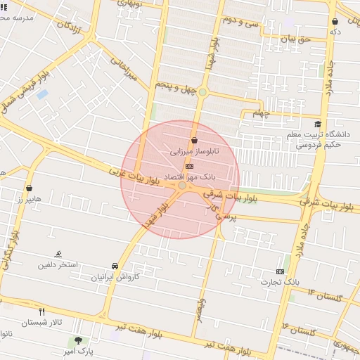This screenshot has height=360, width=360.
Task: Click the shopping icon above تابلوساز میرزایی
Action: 194,140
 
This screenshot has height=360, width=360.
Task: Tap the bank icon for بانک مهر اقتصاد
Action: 189,165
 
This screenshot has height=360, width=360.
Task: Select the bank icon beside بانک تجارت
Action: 281,271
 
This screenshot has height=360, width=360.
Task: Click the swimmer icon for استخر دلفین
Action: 58,254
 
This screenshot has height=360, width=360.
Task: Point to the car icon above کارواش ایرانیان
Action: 115,266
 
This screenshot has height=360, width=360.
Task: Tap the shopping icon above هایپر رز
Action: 30,188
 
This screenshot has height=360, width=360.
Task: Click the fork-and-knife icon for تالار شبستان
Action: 42,311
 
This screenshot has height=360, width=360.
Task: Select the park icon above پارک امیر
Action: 78,340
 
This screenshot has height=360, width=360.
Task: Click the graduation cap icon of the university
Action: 319,124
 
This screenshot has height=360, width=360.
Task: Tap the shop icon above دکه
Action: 335,21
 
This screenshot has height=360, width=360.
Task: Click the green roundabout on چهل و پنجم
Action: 202,91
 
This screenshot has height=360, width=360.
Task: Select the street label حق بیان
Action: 295,40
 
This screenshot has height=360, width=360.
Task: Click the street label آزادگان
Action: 74,29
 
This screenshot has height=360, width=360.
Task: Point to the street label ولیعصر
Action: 201,309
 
